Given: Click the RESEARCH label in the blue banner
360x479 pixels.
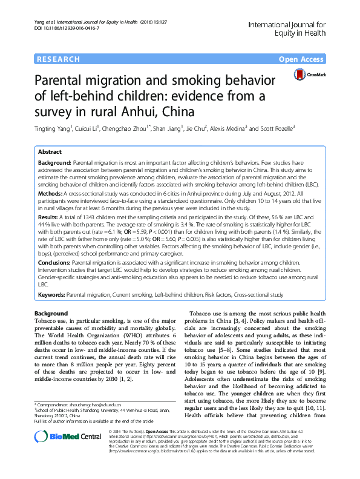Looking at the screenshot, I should click(58, 59).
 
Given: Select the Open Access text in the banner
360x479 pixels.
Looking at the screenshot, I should click(301, 59).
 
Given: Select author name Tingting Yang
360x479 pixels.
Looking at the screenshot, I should click(54, 128).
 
